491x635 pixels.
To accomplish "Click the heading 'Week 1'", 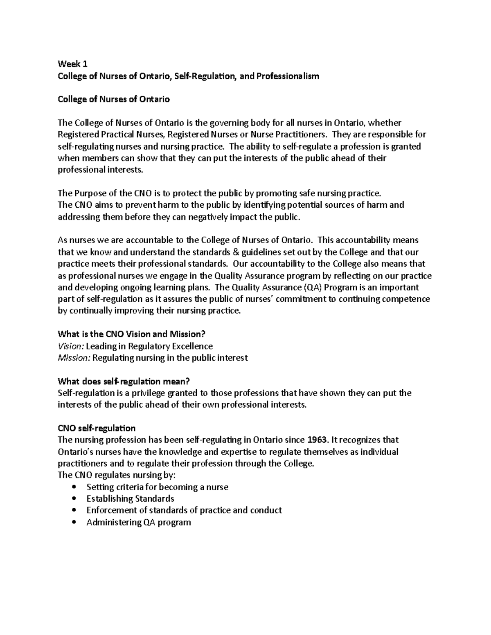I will (x=72, y=64).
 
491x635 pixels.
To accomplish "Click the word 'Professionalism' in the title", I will (x=287, y=76).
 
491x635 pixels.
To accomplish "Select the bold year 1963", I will (x=316, y=440).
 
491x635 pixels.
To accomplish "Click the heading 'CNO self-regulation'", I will (x=97, y=428).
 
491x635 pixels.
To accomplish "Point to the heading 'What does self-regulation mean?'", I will (x=124, y=381).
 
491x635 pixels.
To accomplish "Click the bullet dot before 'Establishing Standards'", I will (x=74, y=499).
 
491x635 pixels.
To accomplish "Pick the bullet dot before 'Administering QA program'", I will (x=74, y=523).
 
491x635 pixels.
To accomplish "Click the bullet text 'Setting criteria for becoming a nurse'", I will (x=157, y=487).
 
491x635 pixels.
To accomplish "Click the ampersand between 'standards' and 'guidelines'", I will (x=238, y=252).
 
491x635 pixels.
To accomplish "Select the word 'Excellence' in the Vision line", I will (x=192, y=346).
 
